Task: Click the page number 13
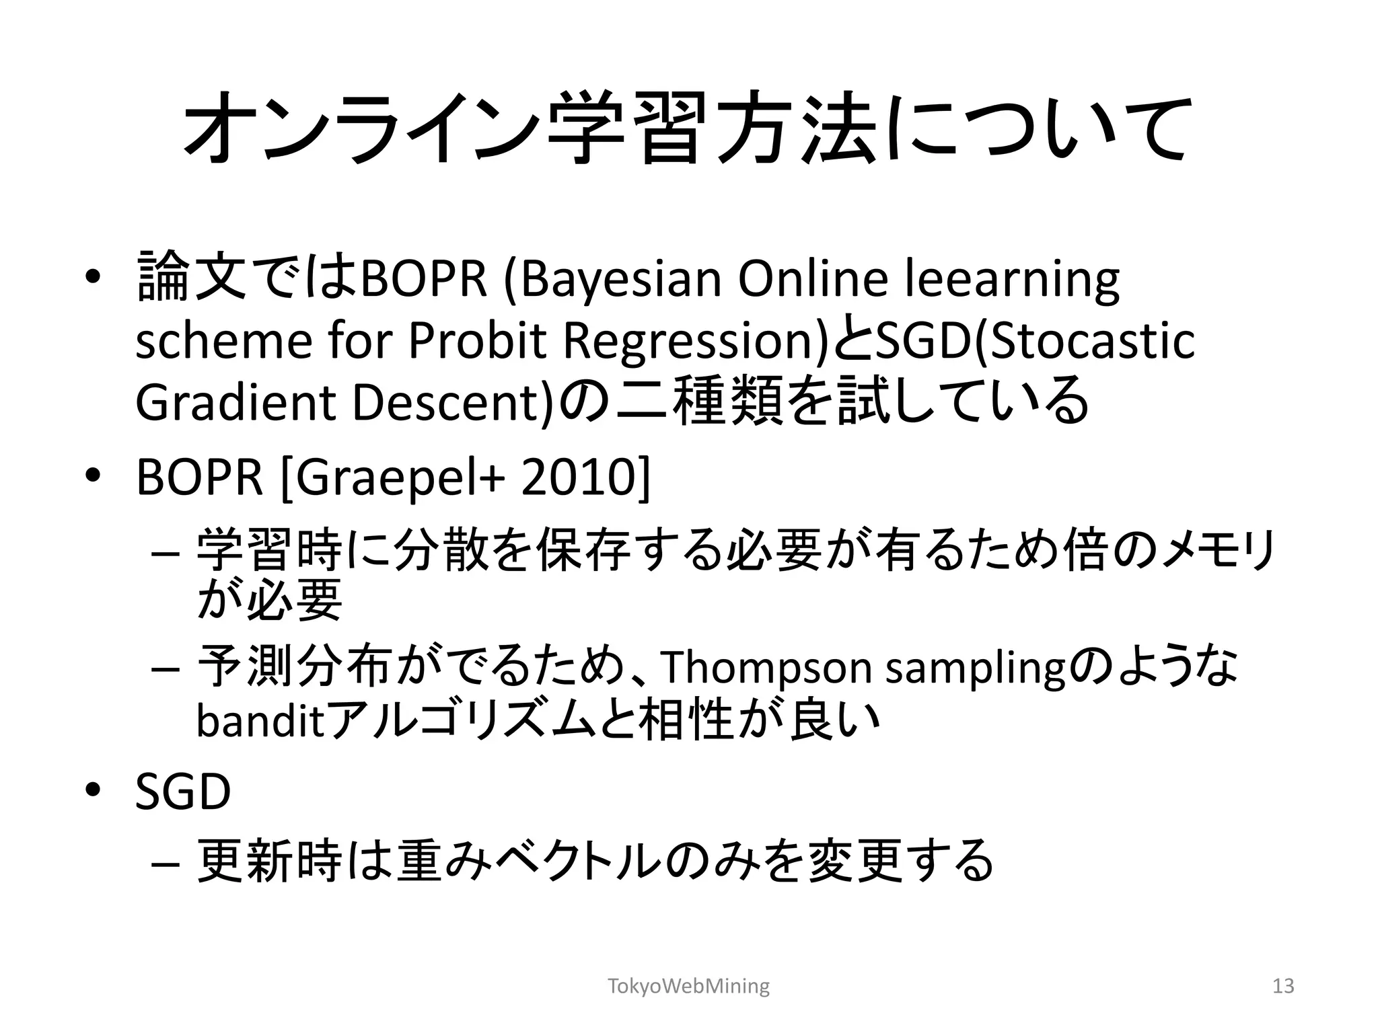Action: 1283,986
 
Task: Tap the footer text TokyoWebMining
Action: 688,986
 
